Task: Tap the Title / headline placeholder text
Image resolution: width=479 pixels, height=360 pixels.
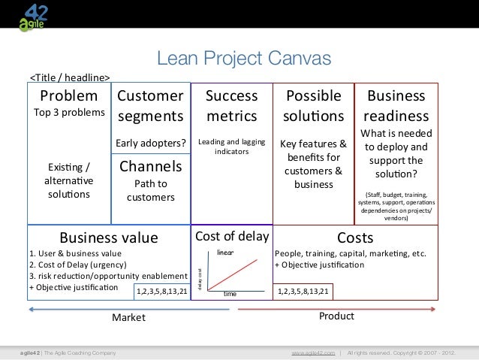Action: [x=69, y=77]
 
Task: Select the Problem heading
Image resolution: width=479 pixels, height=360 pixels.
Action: [x=68, y=96]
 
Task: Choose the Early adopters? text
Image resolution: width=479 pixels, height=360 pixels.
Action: [x=150, y=143]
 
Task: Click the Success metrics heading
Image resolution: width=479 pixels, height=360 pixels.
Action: [x=231, y=106]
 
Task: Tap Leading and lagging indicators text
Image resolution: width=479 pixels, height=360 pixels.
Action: [x=231, y=146]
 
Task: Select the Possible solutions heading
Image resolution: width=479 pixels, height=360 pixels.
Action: [x=314, y=106]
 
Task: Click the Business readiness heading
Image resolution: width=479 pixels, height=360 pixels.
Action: [x=396, y=106]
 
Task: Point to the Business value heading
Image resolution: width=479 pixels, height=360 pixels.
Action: [x=109, y=238]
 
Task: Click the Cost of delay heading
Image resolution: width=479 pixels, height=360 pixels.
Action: [x=231, y=237]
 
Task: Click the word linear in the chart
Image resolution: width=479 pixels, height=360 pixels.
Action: [x=226, y=253]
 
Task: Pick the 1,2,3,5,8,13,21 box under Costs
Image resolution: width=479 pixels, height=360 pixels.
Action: [x=306, y=291]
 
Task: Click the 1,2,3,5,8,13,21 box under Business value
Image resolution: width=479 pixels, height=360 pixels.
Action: [x=162, y=291]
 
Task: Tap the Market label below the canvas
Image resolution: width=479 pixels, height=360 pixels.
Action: [x=128, y=318]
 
